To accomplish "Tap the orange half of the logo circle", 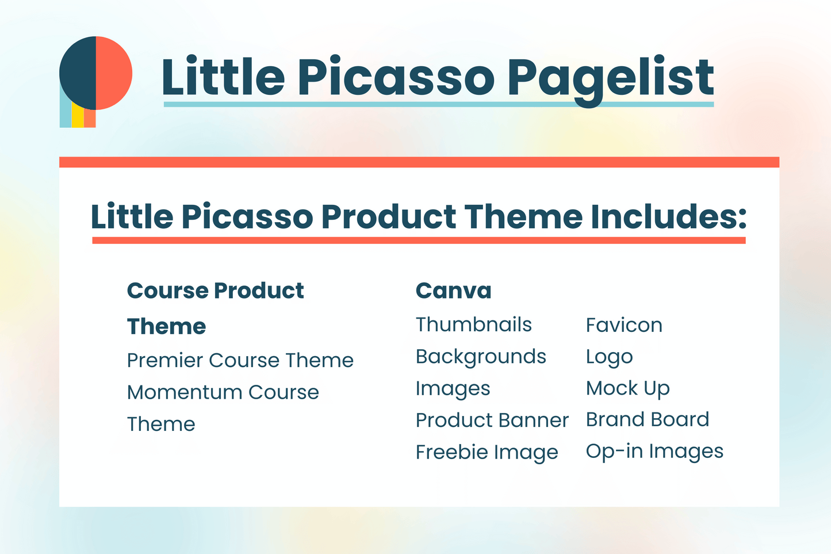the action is click(x=114, y=73).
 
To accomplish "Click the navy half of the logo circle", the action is click(x=78, y=73).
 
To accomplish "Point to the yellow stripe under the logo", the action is click(x=78, y=116).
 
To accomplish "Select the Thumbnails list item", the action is click(x=474, y=324).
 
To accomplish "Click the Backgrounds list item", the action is click(x=481, y=357).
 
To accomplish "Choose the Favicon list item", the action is click(x=624, y=325).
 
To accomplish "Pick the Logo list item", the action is click(x=609, y=357).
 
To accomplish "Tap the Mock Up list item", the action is click(x=627, y=389).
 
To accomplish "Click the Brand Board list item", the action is click(x=648, y=420).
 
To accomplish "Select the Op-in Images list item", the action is click(x=654, y=452).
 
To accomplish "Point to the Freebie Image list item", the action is click(x=487, y=452).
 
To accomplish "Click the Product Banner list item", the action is click(x=492, y=420).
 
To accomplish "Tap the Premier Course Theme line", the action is click(x=240, y=360).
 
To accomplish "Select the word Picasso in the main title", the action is click(x=396, y=78).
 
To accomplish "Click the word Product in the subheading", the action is click(x=388, y=216).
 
